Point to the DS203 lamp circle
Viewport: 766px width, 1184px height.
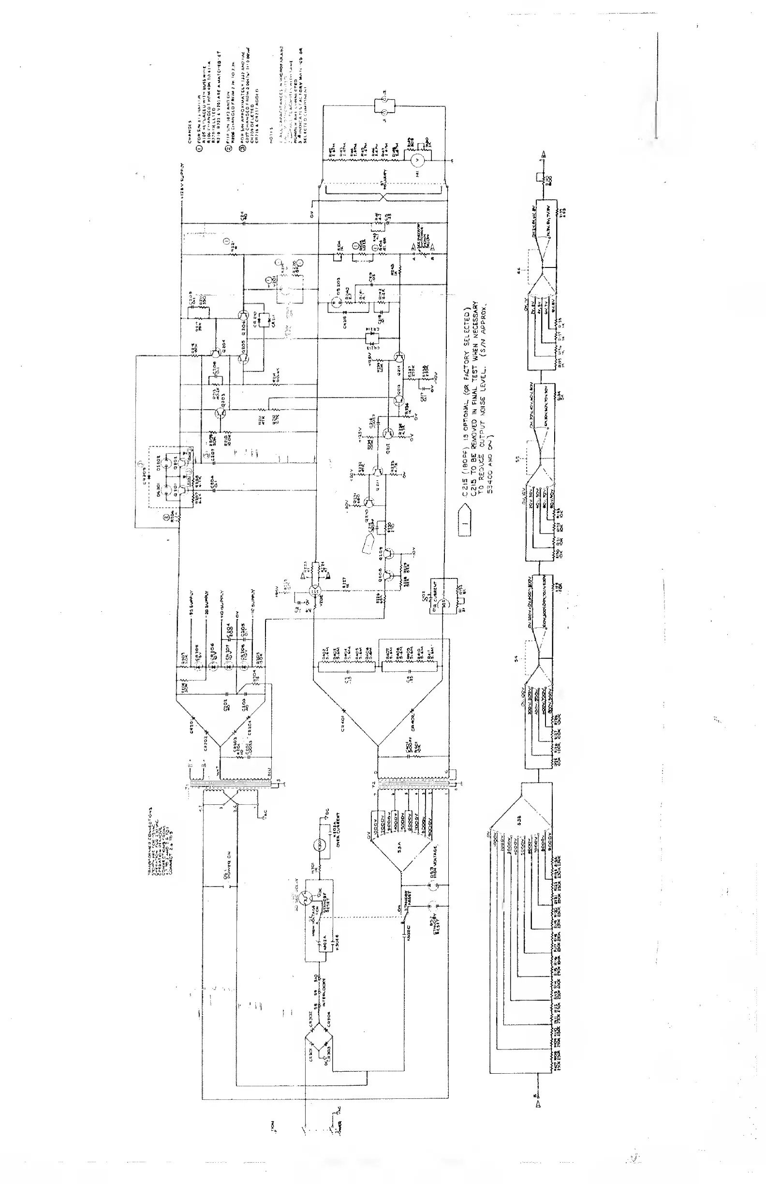coord(334,301)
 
